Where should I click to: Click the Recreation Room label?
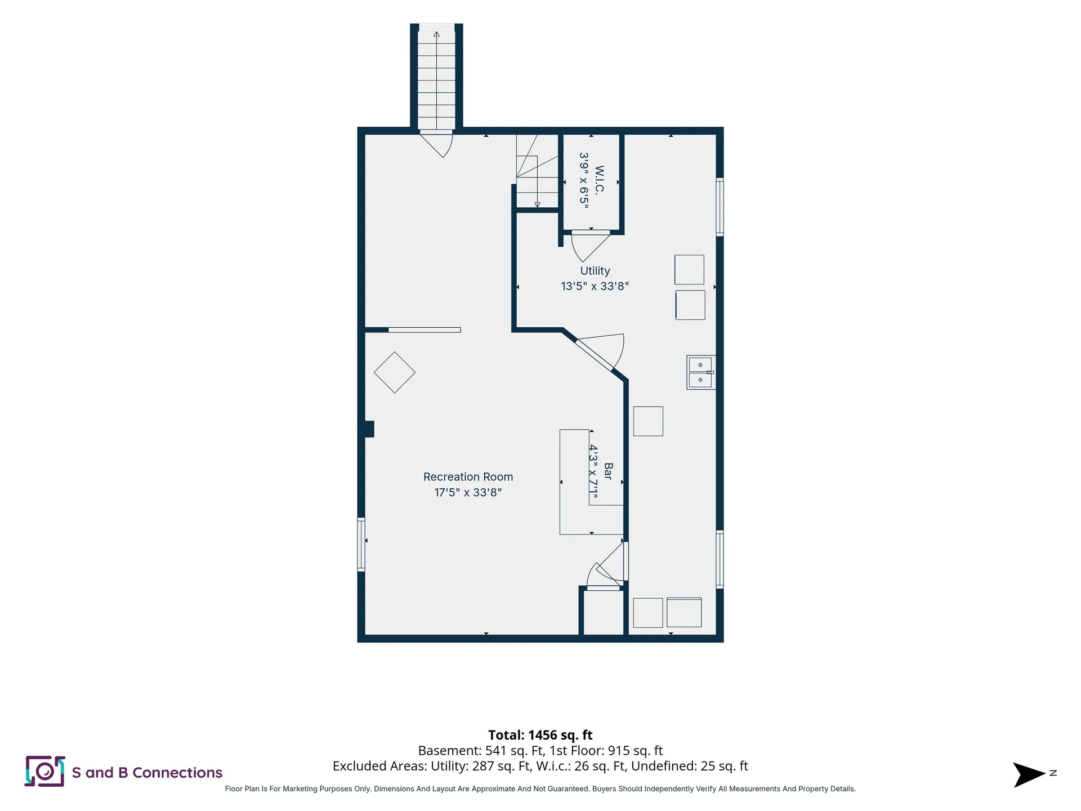(468, 477)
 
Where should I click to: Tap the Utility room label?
(595, 271)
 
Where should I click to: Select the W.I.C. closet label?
(599, 180)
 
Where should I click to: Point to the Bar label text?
(608, 471)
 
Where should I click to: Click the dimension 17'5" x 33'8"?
(468, 492)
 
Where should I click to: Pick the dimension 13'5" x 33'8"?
(595, 286)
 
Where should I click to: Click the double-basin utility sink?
(701, 372)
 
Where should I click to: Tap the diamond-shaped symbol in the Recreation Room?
(395, 372)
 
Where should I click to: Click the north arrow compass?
(1029, 775)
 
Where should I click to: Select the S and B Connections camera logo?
(44, 772)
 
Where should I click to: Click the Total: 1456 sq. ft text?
(540, 735)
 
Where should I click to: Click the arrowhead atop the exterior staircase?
(436, 34)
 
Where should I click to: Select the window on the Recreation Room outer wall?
(361, 545)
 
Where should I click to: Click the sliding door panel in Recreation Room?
(425, 330)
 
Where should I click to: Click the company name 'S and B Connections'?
(147, 773)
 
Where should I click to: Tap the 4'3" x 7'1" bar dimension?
(593, 471)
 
